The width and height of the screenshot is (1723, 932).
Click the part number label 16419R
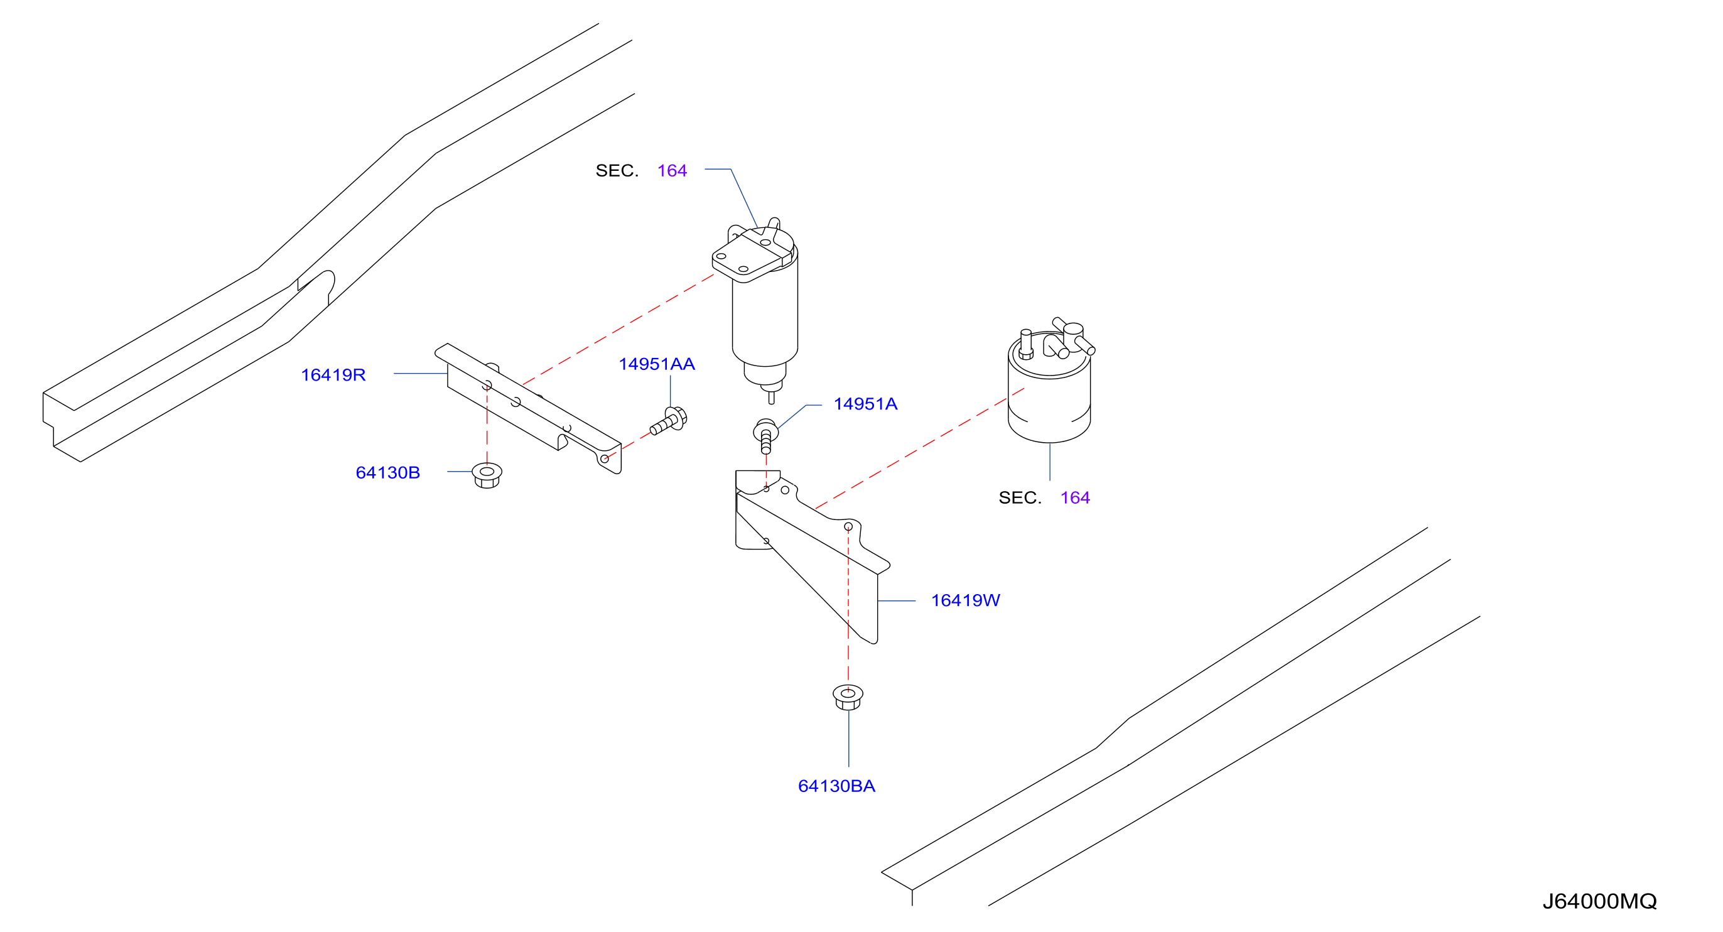333,376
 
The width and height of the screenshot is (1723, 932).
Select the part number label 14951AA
657,364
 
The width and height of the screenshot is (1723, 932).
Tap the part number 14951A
865,404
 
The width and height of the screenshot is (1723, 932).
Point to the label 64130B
388,473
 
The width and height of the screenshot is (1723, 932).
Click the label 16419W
965,601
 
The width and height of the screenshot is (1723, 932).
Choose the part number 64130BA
837,786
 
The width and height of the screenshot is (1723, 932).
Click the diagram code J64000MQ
1599,902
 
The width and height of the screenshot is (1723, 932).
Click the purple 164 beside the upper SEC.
672,171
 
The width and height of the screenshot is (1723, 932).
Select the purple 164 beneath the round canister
1075,498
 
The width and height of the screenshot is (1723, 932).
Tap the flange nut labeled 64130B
487,475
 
